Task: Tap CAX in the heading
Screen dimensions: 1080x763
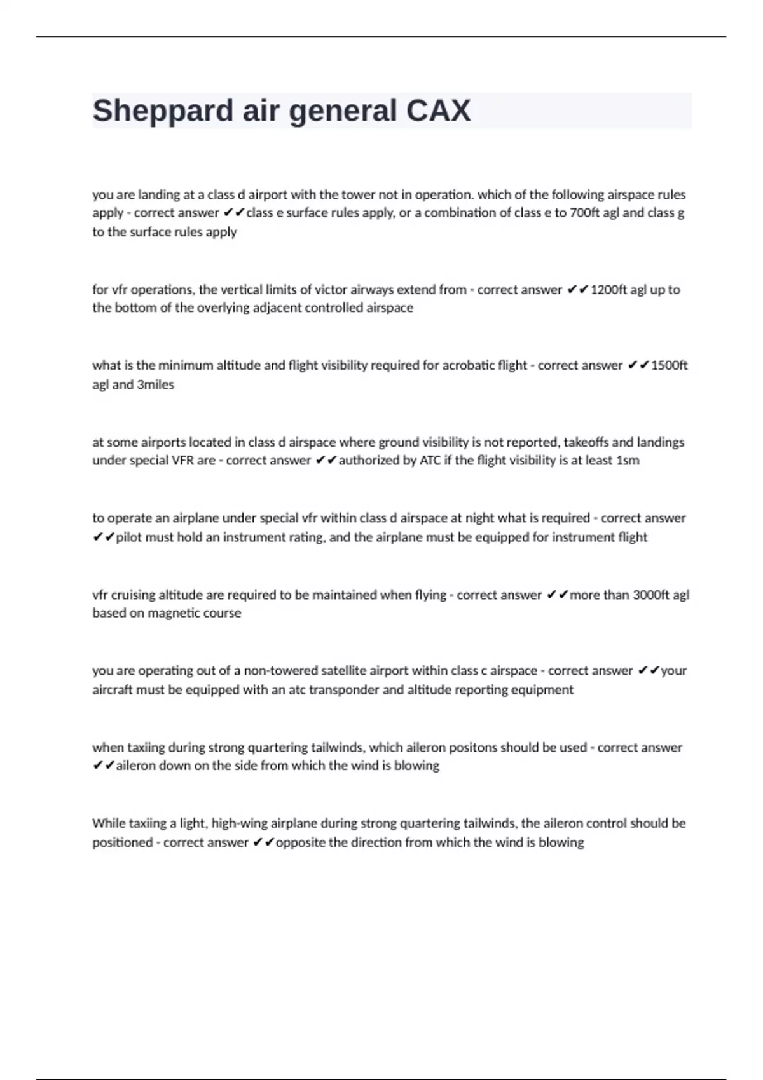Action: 438,111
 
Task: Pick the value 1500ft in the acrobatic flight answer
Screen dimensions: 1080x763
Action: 670,365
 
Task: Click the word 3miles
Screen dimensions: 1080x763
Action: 155,384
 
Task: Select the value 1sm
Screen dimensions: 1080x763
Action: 628,460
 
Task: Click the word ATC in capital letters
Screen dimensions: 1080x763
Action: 430,460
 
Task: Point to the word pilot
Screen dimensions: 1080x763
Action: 129,537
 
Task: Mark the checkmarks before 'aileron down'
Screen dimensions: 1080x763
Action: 103,766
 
